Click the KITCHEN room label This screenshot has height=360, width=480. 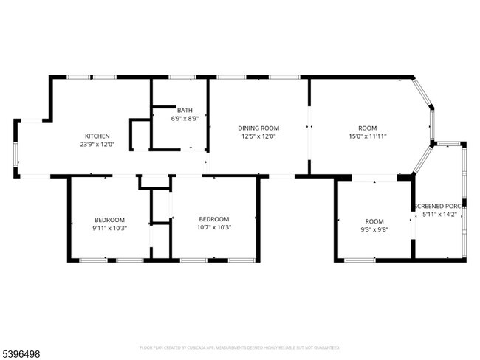97,136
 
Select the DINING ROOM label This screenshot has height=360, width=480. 258,127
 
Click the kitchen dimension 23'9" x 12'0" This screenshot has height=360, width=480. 97,145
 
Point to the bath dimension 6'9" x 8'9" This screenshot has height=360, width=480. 185,118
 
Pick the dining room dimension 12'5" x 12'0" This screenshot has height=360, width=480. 258,136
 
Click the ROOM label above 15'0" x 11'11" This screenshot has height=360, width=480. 368,128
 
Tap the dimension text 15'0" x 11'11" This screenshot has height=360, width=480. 368,136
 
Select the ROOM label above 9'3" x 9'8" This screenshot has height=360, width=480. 374,221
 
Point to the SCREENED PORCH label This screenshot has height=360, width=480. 439,206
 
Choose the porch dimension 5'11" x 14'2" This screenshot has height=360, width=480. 439,215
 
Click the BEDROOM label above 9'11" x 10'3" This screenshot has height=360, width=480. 109,219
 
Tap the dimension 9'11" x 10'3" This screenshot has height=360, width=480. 109,228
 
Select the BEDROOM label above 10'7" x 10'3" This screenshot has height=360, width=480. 214,219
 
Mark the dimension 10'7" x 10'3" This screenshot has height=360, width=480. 214,228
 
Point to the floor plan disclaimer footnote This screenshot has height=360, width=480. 239,347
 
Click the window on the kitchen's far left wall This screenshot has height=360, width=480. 16,148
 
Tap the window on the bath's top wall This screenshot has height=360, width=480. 182,77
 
